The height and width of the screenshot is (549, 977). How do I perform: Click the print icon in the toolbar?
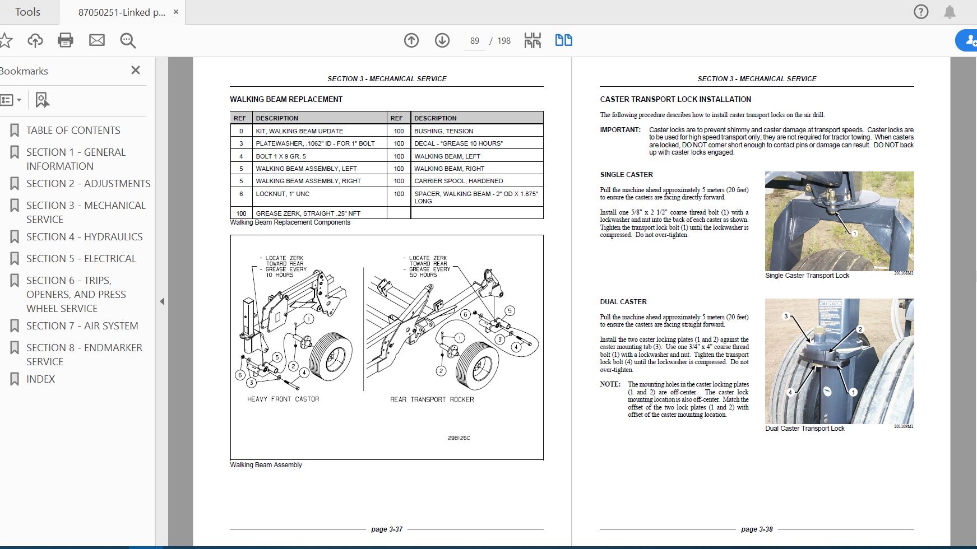coord(66,40)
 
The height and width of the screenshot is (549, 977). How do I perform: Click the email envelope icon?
coord(97,40)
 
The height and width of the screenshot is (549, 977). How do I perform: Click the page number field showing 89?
coord(475,41)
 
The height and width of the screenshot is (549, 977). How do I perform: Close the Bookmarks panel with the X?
coord(135,70)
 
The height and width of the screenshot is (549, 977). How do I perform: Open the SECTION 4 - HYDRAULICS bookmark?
coord(84,237)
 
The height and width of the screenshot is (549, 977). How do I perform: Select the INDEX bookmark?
coord(40,379)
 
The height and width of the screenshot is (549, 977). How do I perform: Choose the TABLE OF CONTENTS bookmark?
coord(73,131)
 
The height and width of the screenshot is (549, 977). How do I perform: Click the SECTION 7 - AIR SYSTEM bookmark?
coord(82,326)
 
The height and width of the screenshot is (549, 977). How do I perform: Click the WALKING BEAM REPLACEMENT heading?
coord(286,99)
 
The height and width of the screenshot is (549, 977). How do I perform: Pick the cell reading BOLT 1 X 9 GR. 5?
coord(281,156)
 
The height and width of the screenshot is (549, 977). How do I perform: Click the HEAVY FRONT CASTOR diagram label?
coord(283,399)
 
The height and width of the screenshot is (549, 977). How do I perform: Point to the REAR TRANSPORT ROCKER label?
coord(432,399)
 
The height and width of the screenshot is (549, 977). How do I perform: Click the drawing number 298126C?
coord(459,438)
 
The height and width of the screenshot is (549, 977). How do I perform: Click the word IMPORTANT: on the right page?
coord(620,130)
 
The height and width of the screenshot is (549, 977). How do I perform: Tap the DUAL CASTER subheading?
coord(623,302)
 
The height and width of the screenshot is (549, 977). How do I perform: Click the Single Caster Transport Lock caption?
coord(807,276)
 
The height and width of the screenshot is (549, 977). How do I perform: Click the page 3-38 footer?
coord(757,529)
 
